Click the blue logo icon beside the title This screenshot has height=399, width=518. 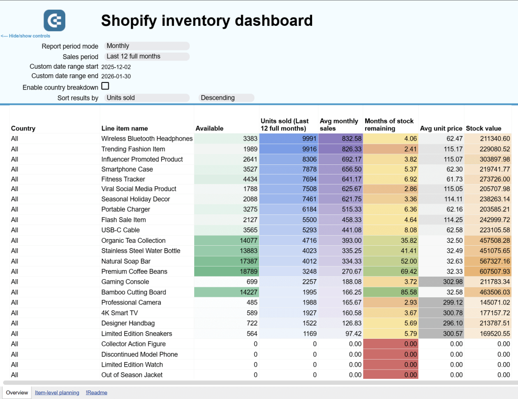pyautogui.click(x=54, y=20)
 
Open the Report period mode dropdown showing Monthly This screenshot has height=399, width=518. pyautogui.click(x=146, y=46)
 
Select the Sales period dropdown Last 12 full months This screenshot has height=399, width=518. pyautogui.click(x=146, y=57)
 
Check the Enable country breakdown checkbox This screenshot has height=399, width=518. pyautogui.click(x=105, y=86)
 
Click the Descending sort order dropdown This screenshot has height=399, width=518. pyautogui.click(x=227, y=98)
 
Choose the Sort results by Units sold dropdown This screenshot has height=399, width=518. pyautogui.click(x=146, y=98)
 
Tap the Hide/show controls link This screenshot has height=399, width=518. pyautogui.click(x=25, y=36)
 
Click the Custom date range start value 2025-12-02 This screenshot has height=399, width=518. pyautogui.click(x=116, y=67)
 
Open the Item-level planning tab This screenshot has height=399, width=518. pyautogui.click(x=57, y=392)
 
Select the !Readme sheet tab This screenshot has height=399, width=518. pyautogui.click(x=96, y=392)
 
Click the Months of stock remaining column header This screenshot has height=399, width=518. pyautogui.click(x=390, y=125)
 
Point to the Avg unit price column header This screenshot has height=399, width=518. pyautogui.click(x=441, y=128)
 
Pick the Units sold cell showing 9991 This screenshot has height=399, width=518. pyautogui.click(x=288, y=139)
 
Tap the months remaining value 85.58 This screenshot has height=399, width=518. pyautogui.click(x=391, y=292)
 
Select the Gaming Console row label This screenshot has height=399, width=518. pyautogui.click(x=125, y=282)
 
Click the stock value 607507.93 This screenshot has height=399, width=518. pyautogui.click(x=489, y=272)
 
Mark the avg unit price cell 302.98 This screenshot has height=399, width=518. pyautogui.click(x=441, y=282)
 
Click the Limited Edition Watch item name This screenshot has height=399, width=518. pyautogui.click(x=132, y=365)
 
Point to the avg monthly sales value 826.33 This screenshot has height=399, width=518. pyautogui.click(x=340, y=149)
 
